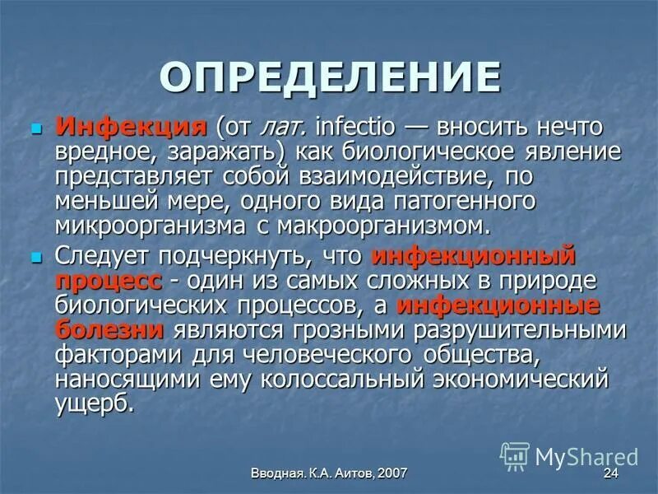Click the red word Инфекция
(130, 129)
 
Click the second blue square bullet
(35, 259)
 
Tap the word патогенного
(470, 201)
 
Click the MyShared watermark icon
(516, 455)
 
